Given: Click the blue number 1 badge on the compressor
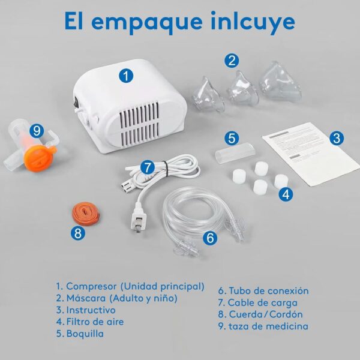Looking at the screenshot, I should tap(125, 76).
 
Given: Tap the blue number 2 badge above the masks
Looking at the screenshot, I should tap(232, 60).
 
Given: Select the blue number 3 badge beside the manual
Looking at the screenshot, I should tap(337, 137).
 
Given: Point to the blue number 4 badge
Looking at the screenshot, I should tap(286, 193).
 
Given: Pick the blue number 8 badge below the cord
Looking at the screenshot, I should tap(77, 234).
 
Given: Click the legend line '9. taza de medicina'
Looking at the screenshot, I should tap(263, 326).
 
